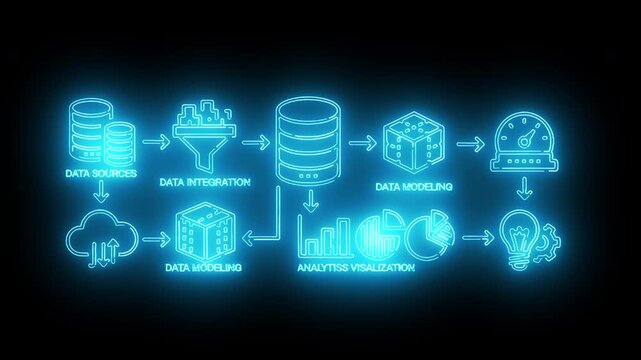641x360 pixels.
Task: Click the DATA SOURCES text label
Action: click(99, 173)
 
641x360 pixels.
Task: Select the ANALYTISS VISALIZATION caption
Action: click(357, 268)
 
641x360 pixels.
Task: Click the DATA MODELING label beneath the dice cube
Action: click(413, 186)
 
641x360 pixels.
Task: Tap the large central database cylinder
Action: click(307, 140)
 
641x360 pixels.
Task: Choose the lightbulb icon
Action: click(519, 240)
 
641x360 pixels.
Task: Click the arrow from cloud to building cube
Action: click(153, 240)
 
